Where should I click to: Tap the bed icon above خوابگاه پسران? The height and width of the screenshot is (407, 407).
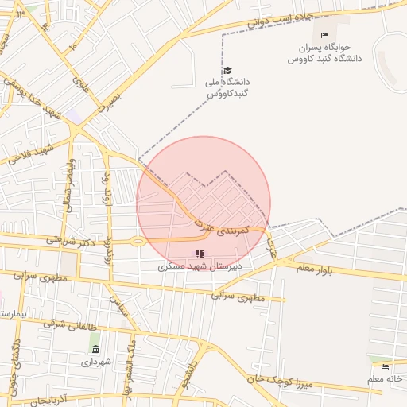click(x=324, y=35)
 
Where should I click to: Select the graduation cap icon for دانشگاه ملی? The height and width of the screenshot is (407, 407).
click(x=227, y=70)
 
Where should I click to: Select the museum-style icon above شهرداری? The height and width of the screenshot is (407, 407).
click(x=96, y=349)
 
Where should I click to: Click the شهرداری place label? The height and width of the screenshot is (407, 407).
click(x=96, y=362)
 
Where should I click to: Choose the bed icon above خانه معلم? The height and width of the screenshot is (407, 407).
click(x=386, y=366)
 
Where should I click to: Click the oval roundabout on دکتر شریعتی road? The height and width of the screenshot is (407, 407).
click(x=138, y=241)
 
